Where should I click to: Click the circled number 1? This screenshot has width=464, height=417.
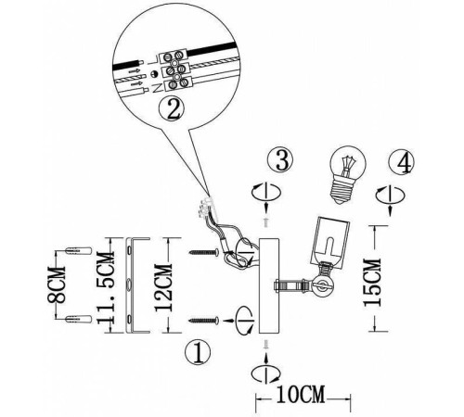point(198,352)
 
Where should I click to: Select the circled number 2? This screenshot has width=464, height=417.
point(172,110)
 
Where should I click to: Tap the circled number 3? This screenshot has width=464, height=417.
point(280,160)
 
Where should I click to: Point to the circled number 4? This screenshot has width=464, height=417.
point(402,162)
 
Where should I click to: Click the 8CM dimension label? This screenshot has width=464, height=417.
point(57,284)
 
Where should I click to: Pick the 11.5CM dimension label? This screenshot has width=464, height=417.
point(106,288)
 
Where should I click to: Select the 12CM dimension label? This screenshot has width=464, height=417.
point(162,287)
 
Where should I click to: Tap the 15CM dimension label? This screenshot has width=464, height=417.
point(372,283)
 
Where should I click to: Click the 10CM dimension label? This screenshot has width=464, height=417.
point(301,395)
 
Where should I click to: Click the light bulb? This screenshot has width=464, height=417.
point(345,174)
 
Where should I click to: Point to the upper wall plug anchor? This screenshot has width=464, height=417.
point(79,250)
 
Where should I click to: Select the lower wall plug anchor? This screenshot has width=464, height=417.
point(79,320)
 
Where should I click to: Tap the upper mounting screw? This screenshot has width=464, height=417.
point(204,252)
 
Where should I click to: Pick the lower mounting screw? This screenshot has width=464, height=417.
point(204,321)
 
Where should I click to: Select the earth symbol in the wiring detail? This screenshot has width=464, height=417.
point(154,74)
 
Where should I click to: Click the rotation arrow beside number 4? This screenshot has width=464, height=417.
point(391,196)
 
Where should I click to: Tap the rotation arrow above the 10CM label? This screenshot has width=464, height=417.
point(266,373)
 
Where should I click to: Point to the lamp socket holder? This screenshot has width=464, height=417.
point(330,241)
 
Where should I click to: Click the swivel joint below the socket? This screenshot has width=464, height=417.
point(322,284)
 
